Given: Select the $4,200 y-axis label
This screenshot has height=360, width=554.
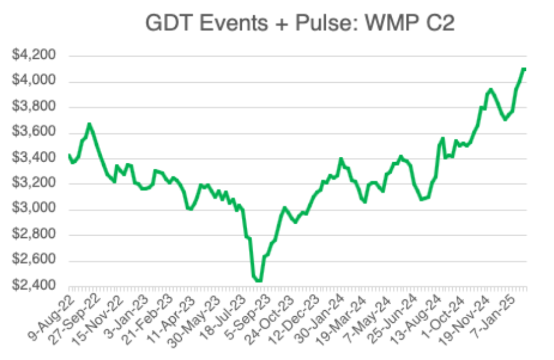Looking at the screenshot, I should coord(35,56).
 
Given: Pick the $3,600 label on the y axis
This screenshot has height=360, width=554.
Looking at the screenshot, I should coord(35,132).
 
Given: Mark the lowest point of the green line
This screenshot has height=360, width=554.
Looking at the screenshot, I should coord(259,281).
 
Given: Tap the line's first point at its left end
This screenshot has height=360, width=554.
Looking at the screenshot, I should coord(69,155).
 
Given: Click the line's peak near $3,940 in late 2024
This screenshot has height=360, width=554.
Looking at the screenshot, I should coord(490,89).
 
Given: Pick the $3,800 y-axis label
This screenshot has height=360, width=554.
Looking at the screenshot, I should coord(35,107).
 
